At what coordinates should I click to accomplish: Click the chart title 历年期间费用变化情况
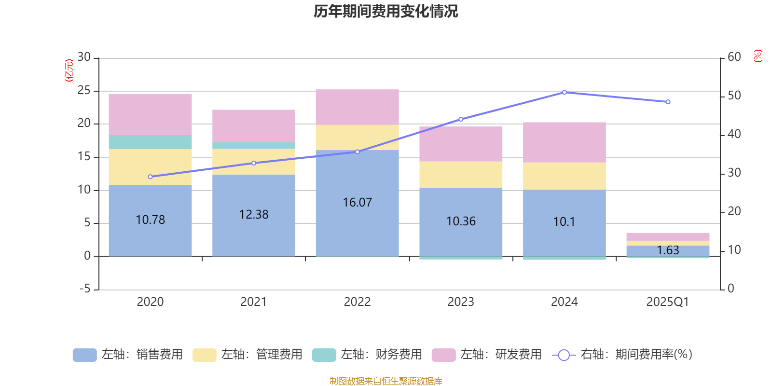coord(386,11)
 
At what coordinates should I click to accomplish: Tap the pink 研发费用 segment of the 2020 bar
coord(150,114)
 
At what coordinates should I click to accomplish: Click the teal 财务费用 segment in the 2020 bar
coord(150,142)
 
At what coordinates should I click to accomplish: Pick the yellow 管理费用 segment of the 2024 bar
coord(564,176)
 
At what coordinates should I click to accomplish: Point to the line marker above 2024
coord(564,92)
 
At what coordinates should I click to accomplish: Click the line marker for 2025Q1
coord(668,102)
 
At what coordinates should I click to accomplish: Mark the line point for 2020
coord(150,177)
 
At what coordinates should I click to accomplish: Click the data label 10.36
coord(461,221)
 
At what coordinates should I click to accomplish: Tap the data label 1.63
coord(668,250)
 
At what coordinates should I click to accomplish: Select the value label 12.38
coord(254,215)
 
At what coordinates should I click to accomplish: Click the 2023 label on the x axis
coord(461,302)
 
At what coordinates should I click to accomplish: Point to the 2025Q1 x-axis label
coord(667,302)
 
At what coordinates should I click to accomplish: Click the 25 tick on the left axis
coord(84,90)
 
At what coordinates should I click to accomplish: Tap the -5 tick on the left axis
coord(84,289)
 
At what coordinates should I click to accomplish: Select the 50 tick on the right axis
coord(734,96)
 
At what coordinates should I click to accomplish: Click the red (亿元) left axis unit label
coord(69,70)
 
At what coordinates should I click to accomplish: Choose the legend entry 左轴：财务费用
coord(367,355)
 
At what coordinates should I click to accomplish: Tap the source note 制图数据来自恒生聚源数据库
coord(386,381)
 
